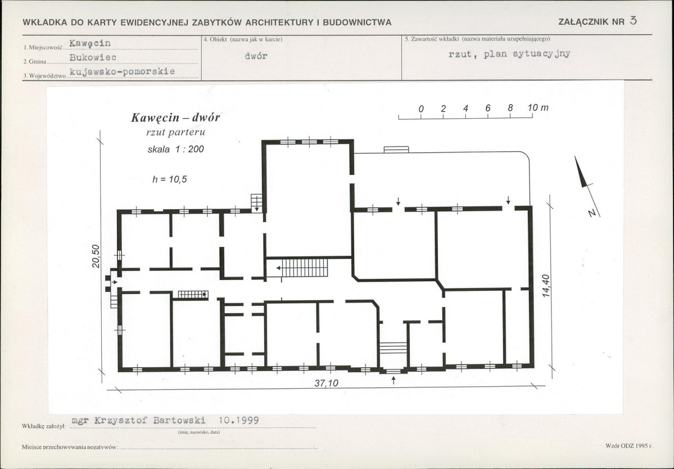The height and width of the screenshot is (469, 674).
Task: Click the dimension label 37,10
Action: click(x=326, y=382)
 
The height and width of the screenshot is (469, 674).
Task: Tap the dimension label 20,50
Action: click(x=96, y=256)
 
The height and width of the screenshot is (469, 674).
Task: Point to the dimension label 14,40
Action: click(x=545, y=286)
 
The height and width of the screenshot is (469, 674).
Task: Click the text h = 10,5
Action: click(x=169, y=179)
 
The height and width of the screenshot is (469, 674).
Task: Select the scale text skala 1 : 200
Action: click(x=175, y=149)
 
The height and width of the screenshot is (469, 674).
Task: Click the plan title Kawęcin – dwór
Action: click(x=175, y=118)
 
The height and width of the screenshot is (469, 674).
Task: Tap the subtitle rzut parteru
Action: click(x=175, y=132)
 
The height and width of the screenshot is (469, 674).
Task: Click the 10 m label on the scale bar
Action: click(x=538, y=107)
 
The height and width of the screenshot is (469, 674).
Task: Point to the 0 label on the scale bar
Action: click(x=421, y=109)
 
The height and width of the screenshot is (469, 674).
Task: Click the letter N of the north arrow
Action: click(x=592, y=213)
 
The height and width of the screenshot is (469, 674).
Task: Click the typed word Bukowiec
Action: click(x=93, y=57)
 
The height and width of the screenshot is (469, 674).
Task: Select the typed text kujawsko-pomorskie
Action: click(x=122, y=71)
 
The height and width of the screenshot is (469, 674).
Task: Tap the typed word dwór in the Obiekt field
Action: click(x=256, y=56)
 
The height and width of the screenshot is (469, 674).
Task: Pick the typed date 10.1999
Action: click(x=238, y=420)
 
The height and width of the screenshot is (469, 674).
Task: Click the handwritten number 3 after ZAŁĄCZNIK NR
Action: click(x=633, y=20)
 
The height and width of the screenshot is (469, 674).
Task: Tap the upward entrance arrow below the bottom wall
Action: click(x=393, y=380)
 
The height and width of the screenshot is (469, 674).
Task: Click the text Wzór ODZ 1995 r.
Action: click(x=629, y=446)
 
